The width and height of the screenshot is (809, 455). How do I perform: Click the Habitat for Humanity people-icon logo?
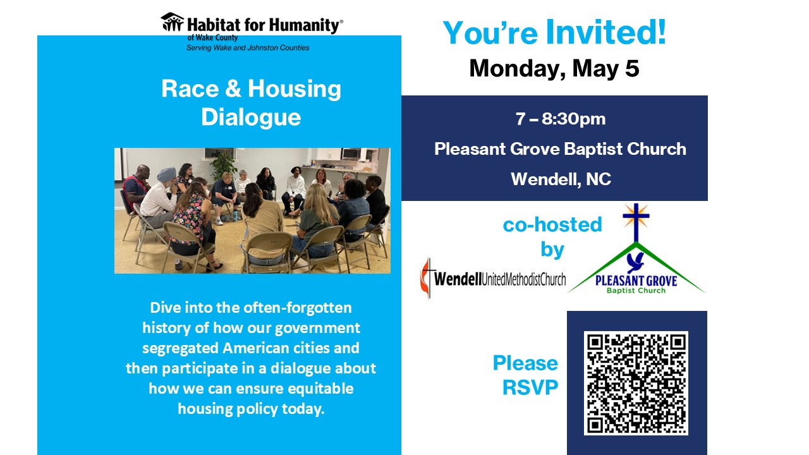[173, 21]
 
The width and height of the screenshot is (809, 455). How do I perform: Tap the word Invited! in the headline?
[605, 32]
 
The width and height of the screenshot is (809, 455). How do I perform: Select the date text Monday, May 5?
[554, 68]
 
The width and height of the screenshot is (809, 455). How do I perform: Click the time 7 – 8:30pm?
[561, 119]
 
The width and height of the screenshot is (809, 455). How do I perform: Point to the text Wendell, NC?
[561, 179]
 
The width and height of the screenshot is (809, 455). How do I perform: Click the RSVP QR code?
[636, 383]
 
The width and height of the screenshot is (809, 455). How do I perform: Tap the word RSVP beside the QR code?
[530, 387]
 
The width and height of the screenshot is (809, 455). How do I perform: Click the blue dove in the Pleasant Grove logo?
[635, 262]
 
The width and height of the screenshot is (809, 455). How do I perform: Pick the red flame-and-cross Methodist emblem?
[426, 279]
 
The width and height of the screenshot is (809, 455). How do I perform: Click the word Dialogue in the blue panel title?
[251, 117]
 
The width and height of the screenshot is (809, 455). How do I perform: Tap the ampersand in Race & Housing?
[233, 88]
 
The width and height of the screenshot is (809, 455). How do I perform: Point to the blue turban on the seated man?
[166, 174]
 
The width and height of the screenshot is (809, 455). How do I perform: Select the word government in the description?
[317, 328]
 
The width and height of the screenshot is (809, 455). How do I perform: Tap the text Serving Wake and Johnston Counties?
[248, 47]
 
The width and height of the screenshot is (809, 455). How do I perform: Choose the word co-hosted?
[552, 224]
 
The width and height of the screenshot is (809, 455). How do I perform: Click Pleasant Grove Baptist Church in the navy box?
[560, 149]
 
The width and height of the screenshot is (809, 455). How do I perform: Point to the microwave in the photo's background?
[350, 154]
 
